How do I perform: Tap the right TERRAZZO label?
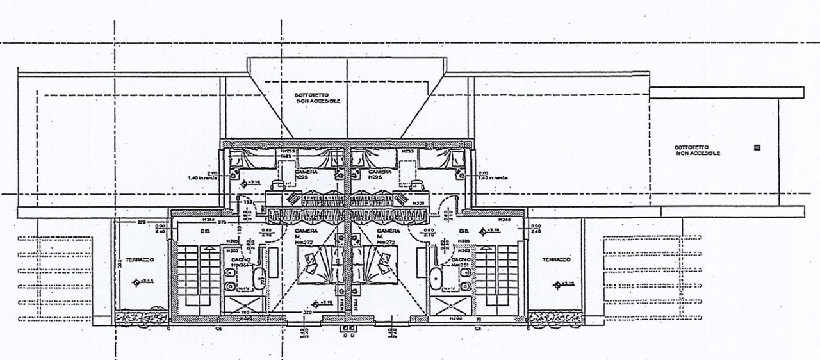pos(555,259)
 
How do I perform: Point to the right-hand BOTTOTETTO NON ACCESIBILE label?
pos(697,151)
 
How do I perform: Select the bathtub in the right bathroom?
pos(436,279)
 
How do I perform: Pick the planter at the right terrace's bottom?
pos(555,318)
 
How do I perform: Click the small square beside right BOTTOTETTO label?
pos(757,147)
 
